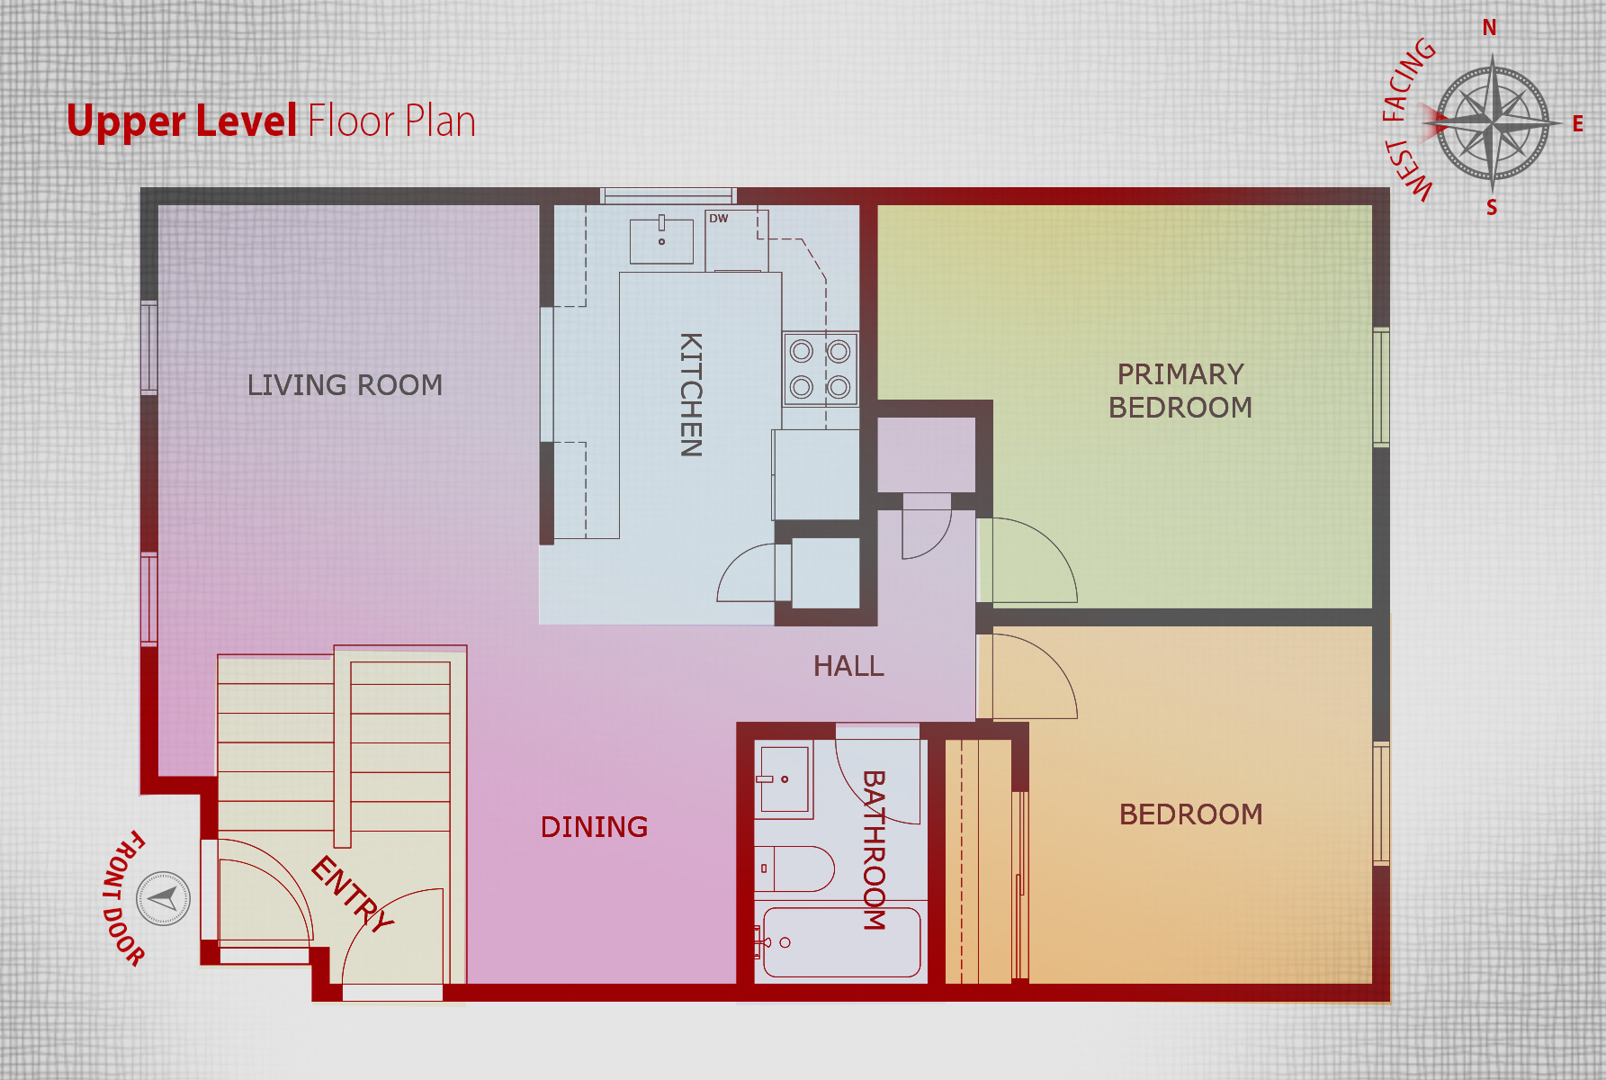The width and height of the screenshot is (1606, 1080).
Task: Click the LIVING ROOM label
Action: pyautogui.click(x=345, y=385)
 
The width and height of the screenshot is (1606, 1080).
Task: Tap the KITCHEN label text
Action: pyautogui.click(x=690, y=394)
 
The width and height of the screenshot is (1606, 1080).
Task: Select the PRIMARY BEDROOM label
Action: pyautogui.click(x=1180, y=391)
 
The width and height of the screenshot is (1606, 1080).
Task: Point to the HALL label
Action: pyautogui.click(x=848, y=666)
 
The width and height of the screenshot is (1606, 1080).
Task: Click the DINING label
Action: pyautogui.click(x=594, y=827)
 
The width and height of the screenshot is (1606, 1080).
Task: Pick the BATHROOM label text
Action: pyautogui.click(x=874, y=850)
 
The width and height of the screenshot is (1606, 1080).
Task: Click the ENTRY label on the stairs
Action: pyautogui.click(x=352, y=894)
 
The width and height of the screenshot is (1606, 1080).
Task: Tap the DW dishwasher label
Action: pyautogui.click(x=718, y=219)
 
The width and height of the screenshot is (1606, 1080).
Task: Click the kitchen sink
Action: pyautogui.click(x=661, y=240)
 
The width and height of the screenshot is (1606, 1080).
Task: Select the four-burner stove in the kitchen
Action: pyautogui.click(x=820, y=368)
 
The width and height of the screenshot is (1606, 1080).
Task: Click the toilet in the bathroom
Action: pyautogui.click(x=794, y=868)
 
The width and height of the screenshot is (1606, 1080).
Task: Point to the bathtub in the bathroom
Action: pyautogui.click(x=841, y=941)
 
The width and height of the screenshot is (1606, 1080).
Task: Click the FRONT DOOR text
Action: pyautogui.click(x=123, y=898)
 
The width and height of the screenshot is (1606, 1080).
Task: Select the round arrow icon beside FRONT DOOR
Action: pyautogui.click(x=163, y=898)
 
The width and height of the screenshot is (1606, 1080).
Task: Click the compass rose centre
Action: pyautogui.click(x=1493, y=121)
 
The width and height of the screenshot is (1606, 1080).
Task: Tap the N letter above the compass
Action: pyautogui.click(x=1490, y=28)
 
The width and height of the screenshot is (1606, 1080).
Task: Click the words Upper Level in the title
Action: pyautogui.click(x=182, y=121)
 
